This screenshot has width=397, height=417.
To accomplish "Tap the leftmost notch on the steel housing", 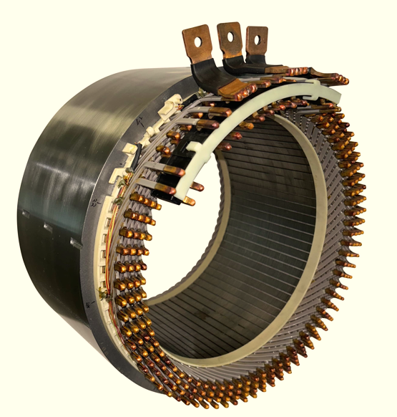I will [x=26, y=214].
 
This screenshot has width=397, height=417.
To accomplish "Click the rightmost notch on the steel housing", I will [x=75, y=244].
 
